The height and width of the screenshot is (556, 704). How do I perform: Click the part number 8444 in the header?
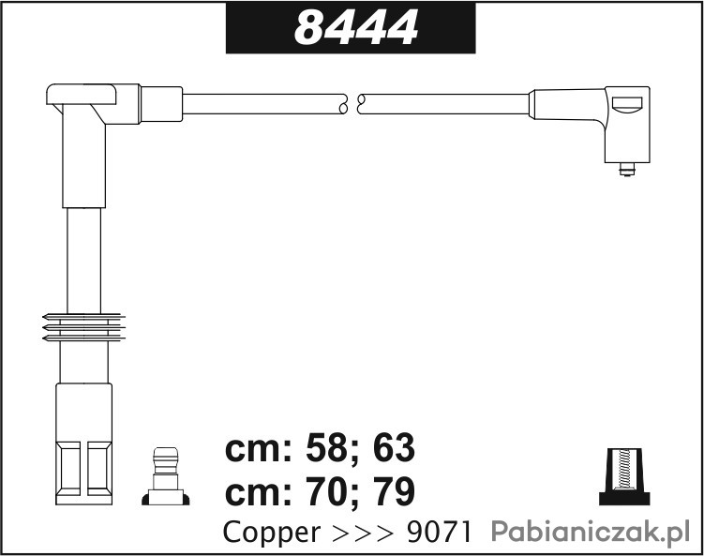(356, 27)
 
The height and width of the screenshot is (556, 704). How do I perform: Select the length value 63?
(394, 448)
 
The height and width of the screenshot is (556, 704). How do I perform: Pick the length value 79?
(394, 492)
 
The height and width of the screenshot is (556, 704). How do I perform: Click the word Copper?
(272, 533)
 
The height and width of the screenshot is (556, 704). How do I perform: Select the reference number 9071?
(439, 533)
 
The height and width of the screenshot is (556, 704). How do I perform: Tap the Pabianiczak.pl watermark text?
(590, 533)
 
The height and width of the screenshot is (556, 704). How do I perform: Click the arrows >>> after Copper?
(363, 533)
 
